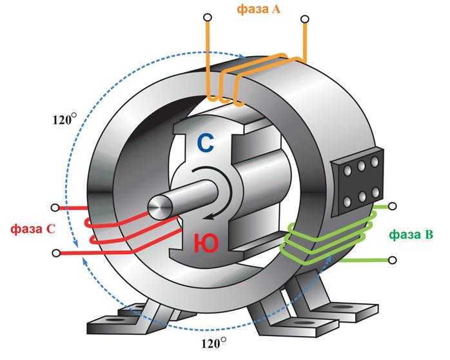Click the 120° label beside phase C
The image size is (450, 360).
click(64, 119)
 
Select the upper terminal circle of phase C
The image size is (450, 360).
click(55, 208)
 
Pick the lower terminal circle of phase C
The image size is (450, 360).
click(55, 252)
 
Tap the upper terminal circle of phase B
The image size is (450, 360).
click(393, 206)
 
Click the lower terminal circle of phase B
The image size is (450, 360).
click(393, 260)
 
